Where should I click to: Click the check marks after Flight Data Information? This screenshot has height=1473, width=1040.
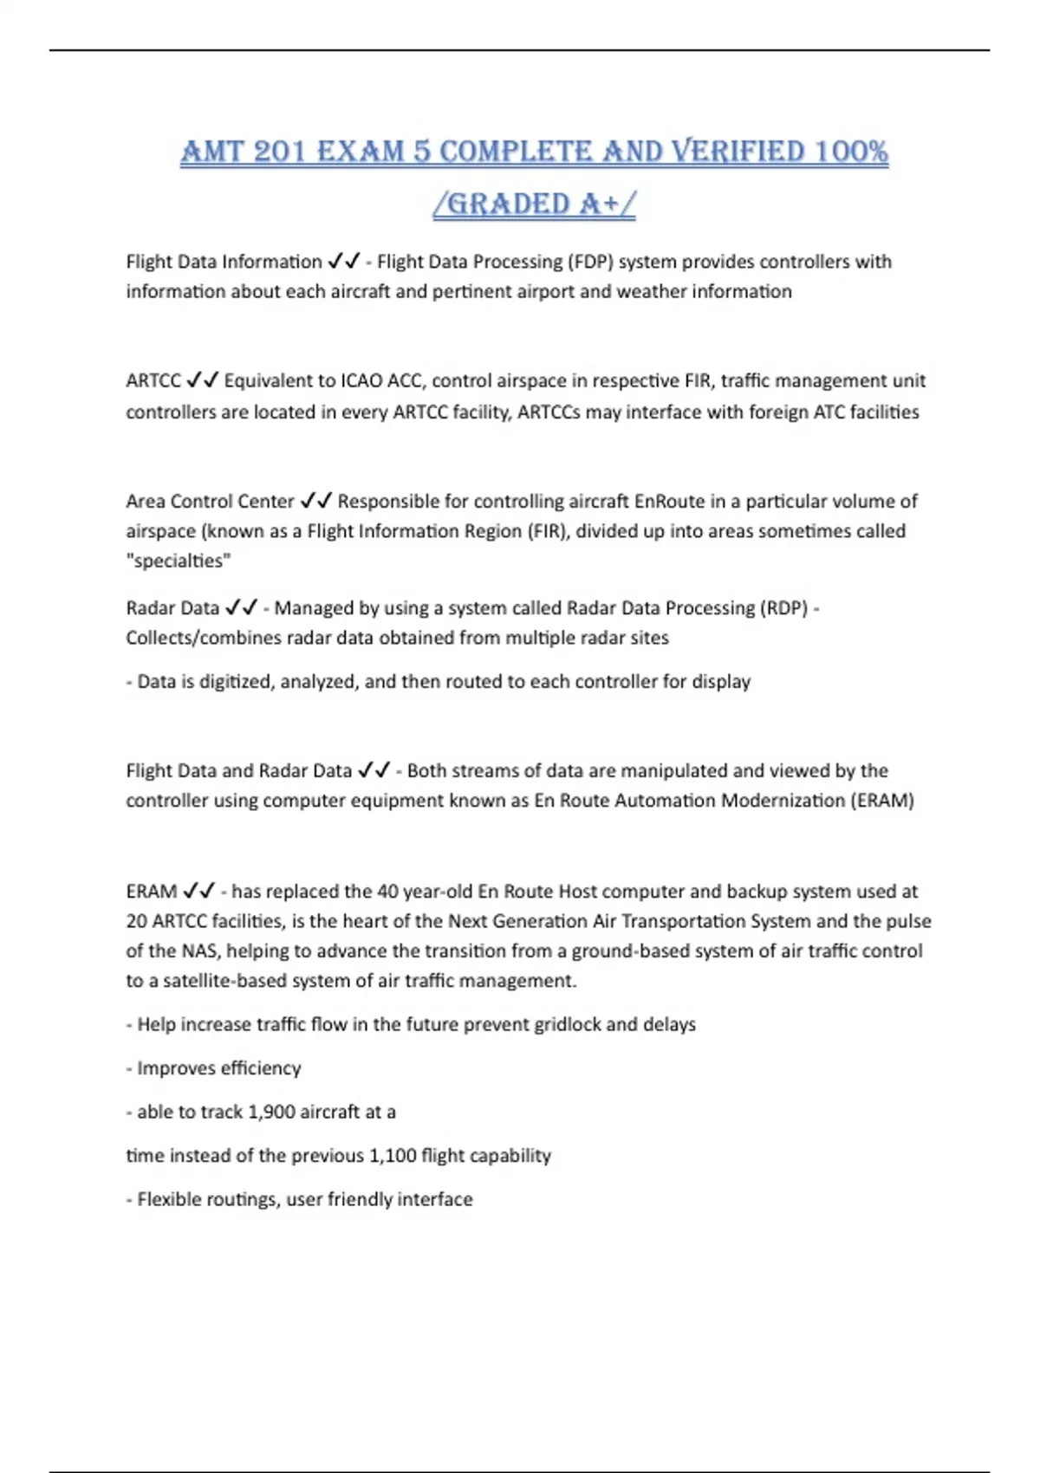pyautogui.click(x=343, y=261)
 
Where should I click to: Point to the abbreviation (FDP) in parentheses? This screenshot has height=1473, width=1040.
pyautogui.click(x=590, y=261)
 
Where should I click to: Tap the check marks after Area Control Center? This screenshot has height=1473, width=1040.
pyautogui.click(x=316, y=501)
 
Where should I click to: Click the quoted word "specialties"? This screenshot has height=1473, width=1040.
pyautogui.click(x=179, y=561)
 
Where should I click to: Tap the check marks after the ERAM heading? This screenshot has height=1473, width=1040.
pyautogui.click(x=199, y=891)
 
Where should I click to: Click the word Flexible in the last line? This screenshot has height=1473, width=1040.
pyautogui.click(x=170, y=1199)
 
